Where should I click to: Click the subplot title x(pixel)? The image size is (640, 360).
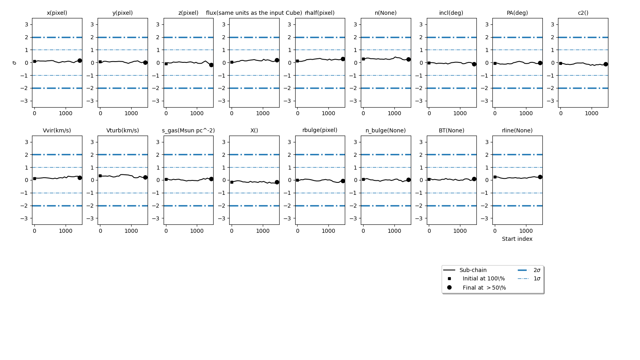[x=57, y=13]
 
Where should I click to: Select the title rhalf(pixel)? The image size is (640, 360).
[x=320, y=13]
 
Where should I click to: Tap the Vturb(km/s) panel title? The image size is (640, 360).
[x=122, y=130]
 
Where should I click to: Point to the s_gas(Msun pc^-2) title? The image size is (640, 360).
[x=188, y=130]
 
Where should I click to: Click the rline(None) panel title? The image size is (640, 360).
[x=517, y=130]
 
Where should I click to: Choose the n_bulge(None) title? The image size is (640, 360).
[x=386, y=130]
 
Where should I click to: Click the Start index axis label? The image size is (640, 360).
[x=517, y=239]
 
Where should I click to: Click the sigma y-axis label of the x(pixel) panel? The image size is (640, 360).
[x=15, y=63]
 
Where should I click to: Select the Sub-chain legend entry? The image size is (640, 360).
[x=473, y=270]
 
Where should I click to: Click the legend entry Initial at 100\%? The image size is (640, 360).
[x=484, y=278]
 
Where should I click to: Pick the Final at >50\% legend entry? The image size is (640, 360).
[x=484, y=288]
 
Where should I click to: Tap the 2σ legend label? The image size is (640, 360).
[x=537, y=270]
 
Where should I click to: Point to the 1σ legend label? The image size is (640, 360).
[x=537, y=278]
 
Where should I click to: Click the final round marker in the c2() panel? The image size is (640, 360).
[x=606, y=64]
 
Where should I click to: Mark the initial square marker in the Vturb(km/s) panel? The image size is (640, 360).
[x=100, y=176]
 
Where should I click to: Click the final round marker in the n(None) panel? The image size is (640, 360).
[x=408, y=59]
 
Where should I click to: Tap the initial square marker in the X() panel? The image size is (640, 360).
[x=232, y=182]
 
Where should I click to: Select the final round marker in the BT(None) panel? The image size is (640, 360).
[x=474, y=179]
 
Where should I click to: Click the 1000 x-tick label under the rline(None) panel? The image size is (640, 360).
[x=526, y=231]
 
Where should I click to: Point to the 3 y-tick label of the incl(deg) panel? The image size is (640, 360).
[x=421, y=24]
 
